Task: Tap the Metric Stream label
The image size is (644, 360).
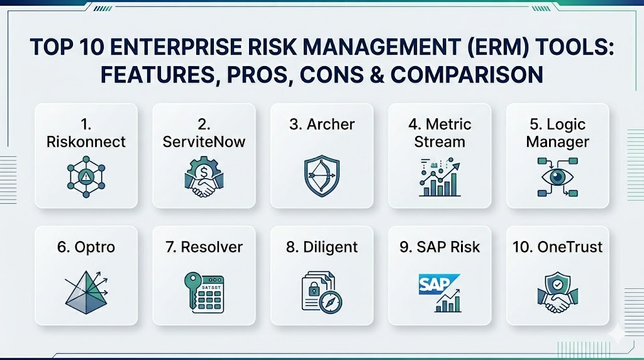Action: (x=439, y=132)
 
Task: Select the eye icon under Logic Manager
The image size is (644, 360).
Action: (x=557, y=176)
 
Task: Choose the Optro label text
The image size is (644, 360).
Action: (x=86, y=247)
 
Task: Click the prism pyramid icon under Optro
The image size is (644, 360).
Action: (x=86, y=290)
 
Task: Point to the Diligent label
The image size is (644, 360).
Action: (x=321, y=247)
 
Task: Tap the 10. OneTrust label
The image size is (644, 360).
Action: (x=557, y=247)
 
